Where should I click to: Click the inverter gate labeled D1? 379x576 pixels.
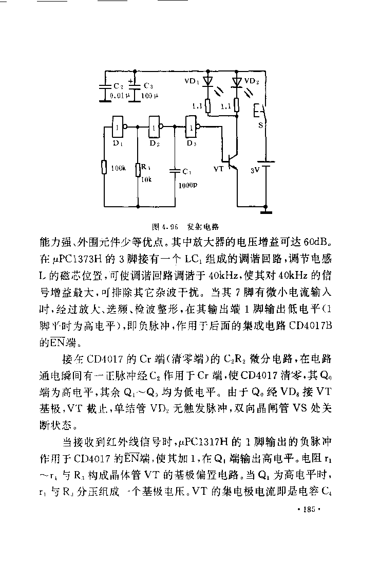coord(118,127)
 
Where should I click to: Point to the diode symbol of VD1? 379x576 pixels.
coord(208,82)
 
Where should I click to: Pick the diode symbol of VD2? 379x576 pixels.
coord(236,82)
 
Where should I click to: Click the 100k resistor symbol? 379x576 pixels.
coord(104,167)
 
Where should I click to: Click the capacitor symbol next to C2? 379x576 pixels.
coord(105,88)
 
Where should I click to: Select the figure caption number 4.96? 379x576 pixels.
coord(169,226)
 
